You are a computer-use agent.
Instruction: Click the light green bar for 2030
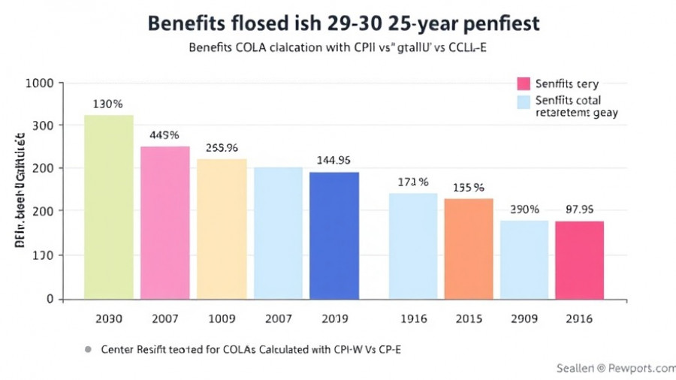click(x=109, y=207)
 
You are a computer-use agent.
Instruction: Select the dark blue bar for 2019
click(x=334, y=235)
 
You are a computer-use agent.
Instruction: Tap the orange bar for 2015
click(x=468, y=249)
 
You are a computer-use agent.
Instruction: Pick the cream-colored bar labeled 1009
click(x=222, y=229)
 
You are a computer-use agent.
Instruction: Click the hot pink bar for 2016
click(x=579, y=260)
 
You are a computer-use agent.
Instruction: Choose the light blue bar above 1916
click(x=413, y=246)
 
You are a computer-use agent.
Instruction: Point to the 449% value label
click(x=164, y=135)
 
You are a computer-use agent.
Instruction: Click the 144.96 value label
click(x=335, y=160)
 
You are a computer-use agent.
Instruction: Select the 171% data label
click(x=412, y=182)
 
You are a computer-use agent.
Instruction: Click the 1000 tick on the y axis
click(x=39, y=83)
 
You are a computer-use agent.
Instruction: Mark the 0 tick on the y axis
click(x=50, y=299)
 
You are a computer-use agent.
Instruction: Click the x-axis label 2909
click(x=524, y=318)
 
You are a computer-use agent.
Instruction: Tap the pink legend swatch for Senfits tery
click(x=524, y=83)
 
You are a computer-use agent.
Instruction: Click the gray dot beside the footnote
click(x=89, y=349)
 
